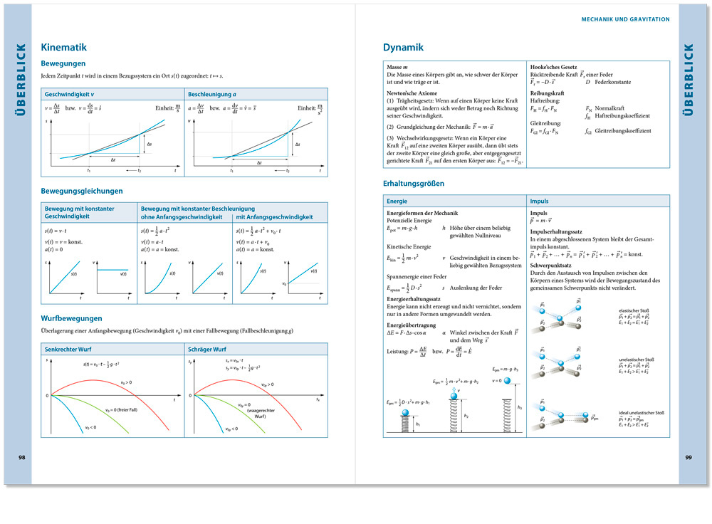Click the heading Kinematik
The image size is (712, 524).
click(64, 48)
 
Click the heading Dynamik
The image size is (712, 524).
click(403, 48)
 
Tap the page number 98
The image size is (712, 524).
click(22, 456)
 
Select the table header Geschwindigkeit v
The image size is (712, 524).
click(69, 94)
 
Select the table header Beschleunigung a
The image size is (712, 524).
click(212, 94)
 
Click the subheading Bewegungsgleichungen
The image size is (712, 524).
click(82, 191)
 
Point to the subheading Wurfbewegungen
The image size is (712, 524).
click(72, 318)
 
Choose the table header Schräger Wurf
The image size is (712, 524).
click(207, 350)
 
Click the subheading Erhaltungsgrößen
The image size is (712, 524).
click(414, 184)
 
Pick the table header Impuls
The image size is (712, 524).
click(540, 201)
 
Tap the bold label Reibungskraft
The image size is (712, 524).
click(547, 93)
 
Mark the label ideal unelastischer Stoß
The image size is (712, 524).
click(641, 413)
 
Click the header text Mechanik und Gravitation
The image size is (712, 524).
click(626, 19)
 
